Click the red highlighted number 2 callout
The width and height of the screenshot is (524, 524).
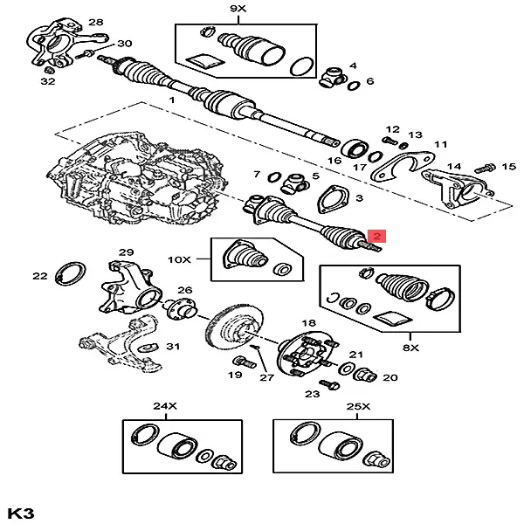(377, 236)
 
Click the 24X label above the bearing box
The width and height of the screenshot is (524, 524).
(165, 406)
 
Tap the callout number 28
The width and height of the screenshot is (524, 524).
(95, 22)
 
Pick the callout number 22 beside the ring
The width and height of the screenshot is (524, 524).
(39, 276)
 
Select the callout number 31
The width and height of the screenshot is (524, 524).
(173, 347)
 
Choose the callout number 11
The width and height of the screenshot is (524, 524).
(440, 144)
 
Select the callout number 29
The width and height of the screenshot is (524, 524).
(126, 252)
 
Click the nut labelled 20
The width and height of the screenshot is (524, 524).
(366, 376)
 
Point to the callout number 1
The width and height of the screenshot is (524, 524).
(172, 101)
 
